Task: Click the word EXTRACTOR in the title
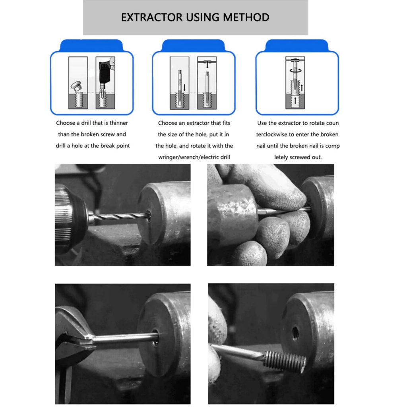pos(152,17)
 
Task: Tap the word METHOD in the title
pos(246,17)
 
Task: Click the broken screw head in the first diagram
pos(76,86)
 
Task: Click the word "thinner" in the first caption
pos(118,123)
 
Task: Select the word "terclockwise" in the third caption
pos(271,134)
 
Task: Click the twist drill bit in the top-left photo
pos(120,216)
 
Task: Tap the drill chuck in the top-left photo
pos(71,217)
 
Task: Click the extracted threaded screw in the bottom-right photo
pos(285,361)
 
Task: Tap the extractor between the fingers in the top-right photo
pos(283,210)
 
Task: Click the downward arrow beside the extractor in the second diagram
pos(184,87)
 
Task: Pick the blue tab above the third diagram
pos(297,46)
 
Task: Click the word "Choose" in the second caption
pos(168,123)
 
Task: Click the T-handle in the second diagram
pos(207,62)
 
